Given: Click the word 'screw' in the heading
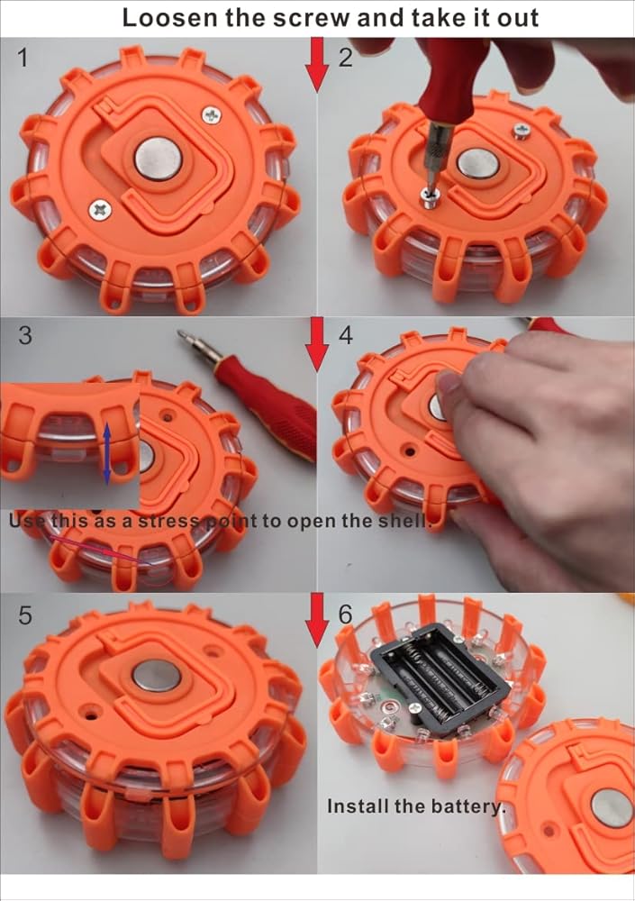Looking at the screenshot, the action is pyautogui.click(x=311, y=17).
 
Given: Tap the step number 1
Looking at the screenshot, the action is pyautogui.click(x=23, y=58).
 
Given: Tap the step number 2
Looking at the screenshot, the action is pyautogui.click(x=345, y=58).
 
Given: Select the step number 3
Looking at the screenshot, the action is pyautogui.click(x=24, y=335).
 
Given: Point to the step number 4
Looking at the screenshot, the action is pyautogui.click(x=345, y=335).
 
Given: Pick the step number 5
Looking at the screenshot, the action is pyautogui.click(x=24, y=614).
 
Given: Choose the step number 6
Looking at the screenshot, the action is pyautogui.click(x=345, y=614).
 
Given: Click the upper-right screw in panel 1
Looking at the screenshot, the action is pyautogui.click(x=212, y=115).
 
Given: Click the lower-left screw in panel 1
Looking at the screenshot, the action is pyautogui.click(x=100, y=209).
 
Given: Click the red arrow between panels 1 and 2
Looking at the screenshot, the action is pyautogui.click(x=317, y=64).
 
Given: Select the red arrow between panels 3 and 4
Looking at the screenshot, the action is pyautogui.click(x=317, y=343).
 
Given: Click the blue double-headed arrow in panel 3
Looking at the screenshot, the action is pyautogui.click(x=107, y=451).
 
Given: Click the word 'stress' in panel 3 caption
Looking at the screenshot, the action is pyautogui.click(x=169, y=521).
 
